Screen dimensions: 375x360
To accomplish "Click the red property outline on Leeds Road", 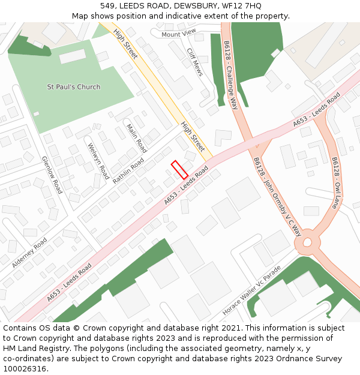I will click(x=179, y=170).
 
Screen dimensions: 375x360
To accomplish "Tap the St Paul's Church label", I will click(x=74, y=87).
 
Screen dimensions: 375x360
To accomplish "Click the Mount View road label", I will click(x=179, y=34).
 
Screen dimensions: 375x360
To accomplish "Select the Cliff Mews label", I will click(x=194, y=62).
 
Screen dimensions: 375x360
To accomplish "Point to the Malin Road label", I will click(x=137, y=138).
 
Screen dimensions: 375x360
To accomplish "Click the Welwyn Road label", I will click(x=98, y=157).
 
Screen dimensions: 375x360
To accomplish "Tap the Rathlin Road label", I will click(x=128, y=170).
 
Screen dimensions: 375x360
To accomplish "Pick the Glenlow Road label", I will click(x=52, y=175).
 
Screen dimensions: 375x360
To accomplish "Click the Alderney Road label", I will click(x=29, y=253).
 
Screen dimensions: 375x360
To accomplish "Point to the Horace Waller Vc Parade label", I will click(x=251, y=291).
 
